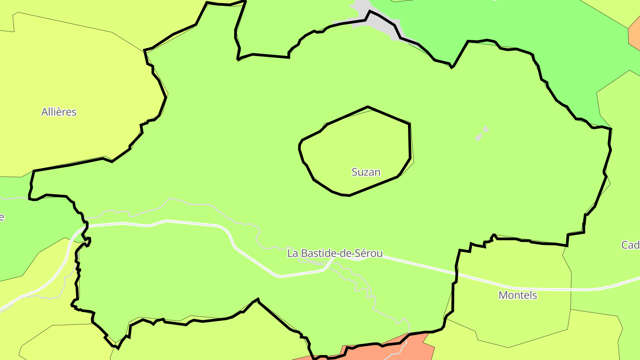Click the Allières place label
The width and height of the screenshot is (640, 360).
[59, 112]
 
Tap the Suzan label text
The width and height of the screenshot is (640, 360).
[366, 172]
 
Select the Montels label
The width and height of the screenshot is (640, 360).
[518, 295]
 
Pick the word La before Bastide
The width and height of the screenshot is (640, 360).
[292, 253]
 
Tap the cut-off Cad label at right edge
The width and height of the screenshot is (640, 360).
[631, 245]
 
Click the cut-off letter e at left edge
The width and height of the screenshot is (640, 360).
[2, 217]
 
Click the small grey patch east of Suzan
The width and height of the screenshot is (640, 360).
[481, 133]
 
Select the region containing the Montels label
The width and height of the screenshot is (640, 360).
[511, 320]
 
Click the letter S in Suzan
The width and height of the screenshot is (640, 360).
[355, 172]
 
